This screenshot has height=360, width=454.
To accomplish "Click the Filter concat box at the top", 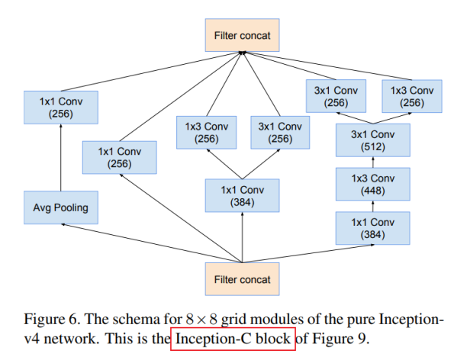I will click(x=241, y=34).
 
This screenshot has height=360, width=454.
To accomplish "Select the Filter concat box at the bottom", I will click(x=241, y=279).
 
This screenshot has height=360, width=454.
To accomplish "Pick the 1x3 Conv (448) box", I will click(x=373, y=184).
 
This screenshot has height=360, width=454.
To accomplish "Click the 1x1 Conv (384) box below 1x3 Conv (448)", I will click(x=373, y=227).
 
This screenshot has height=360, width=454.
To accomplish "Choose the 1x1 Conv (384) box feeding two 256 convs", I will click(x=242, y=194).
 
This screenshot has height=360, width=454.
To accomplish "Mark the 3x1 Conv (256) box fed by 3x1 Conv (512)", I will click(x=336, y=97).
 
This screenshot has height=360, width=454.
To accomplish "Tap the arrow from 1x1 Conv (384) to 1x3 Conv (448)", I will click(x=373, y=205).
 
